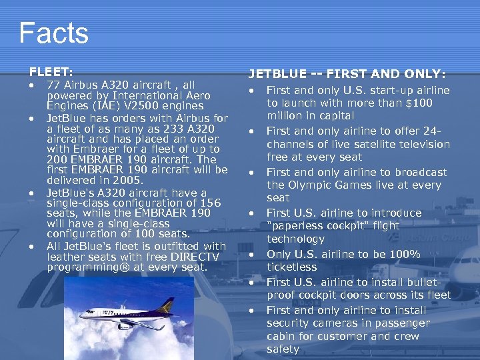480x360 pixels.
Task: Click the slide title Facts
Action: point(53,33)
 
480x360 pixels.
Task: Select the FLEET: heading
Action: point(51,70)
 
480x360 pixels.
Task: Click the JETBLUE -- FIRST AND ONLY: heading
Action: point(347,74)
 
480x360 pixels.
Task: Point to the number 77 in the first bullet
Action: point(53,85)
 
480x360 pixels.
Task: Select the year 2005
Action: point(125,180)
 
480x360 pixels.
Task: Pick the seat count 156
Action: point(209,203)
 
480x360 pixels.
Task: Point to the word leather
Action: point(65,257)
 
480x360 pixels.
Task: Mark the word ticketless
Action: point(294,267)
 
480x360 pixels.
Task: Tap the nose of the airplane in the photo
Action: point(81,314)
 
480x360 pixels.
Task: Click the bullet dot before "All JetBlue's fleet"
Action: point(32,247)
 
